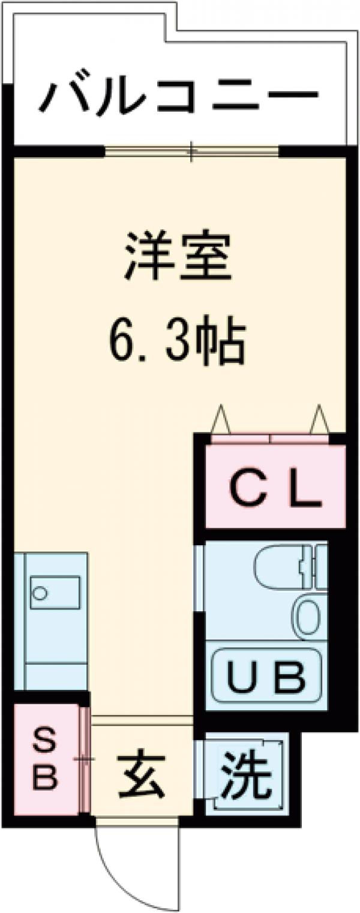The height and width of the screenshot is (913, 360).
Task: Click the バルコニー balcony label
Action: [x=178, y=97]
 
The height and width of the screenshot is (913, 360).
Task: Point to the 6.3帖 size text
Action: [x=178, y=343]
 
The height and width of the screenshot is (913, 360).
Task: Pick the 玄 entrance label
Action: [x=141, y=779]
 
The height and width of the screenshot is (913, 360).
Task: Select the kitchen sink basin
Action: [x=55, y=593]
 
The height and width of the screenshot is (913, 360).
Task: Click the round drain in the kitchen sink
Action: [x=40, y=593]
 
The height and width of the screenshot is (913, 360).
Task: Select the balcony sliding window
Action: [x=192, y=151]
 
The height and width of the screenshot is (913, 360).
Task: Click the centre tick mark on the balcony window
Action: [x=192, y=151]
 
